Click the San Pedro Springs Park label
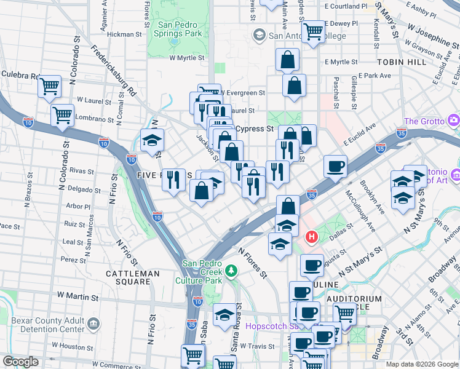pyautogui.click(x=180, y=30)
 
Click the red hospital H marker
pyautogui.click(x=312, y=236)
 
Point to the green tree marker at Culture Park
pyautogui.click(x=231, y=270)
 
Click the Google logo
pyautogui.click(x=20, y=362)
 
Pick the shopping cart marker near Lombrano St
pyautogui.click(x=63, y=114)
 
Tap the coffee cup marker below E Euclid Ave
pyautogui.click(x=336, y=165)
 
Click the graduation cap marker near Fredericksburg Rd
pyautogui.click(x=152, y=141)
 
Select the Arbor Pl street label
pyautogui.click(x=78, y=207)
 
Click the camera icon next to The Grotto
pyautogui.click(x=454, y=120)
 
